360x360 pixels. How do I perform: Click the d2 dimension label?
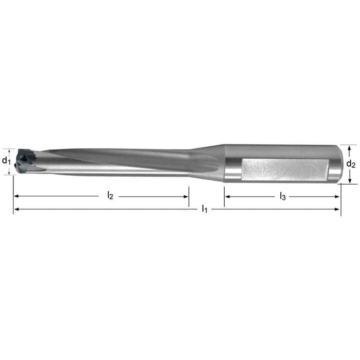351,164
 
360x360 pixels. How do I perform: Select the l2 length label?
110,196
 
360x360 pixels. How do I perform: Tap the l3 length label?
282,196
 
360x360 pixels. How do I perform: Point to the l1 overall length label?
204,209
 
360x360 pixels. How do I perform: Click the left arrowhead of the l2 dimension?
16,196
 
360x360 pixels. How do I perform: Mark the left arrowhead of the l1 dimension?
16,209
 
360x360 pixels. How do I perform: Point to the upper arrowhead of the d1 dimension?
9,150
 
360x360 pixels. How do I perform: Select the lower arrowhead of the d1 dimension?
9,172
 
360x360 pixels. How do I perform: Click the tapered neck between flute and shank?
207,162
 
